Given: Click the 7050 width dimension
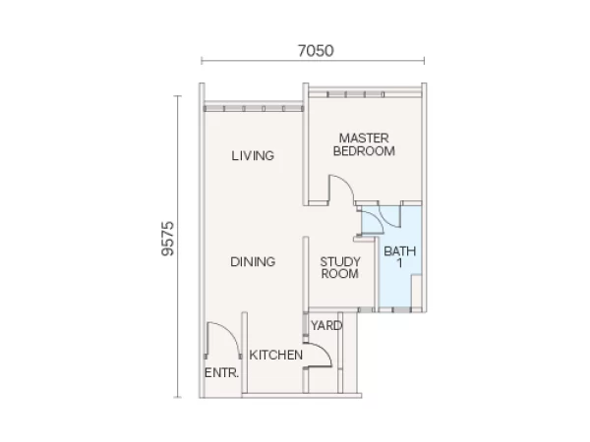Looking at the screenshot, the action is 316,51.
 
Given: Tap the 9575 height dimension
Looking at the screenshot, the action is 168,239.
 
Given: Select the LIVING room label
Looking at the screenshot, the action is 253,155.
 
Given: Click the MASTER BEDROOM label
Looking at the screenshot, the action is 364,144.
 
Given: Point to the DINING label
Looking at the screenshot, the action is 253,261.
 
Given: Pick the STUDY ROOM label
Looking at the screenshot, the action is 340,267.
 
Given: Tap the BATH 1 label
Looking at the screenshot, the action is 399,256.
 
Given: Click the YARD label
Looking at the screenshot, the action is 326,325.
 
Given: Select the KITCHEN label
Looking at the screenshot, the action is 275,355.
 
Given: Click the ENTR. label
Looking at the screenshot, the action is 221,373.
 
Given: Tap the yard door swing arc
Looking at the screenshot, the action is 324,349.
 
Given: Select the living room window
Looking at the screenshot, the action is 254,109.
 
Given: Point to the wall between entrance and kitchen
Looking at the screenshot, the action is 245,354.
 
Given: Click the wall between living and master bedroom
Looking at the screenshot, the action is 306,144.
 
